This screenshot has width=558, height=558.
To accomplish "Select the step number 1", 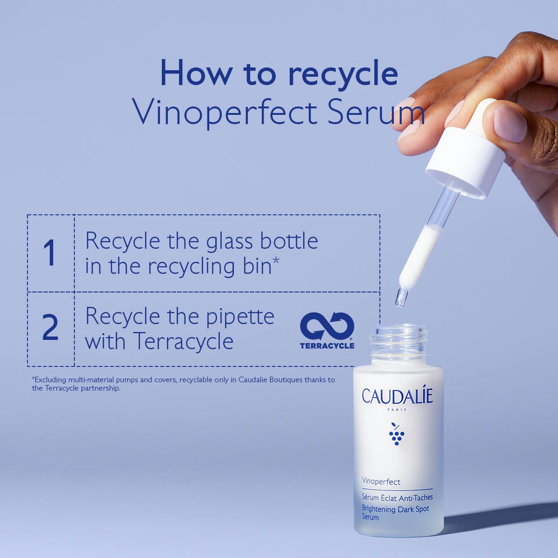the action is [50, 252].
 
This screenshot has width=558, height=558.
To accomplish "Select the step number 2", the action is [50, 327].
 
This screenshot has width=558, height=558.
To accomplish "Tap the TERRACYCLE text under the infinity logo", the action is [327, 345].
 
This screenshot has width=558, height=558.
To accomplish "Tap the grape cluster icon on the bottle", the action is [397, 434].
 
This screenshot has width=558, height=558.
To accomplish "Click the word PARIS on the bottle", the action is [397, 410].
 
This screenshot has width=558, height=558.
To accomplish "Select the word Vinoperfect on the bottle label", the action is [381, 482].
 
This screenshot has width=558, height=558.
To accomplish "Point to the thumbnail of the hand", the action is [510, 123].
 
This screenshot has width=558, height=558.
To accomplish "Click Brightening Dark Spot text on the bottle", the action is [396, 509].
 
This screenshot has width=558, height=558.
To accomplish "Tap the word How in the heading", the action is [194, 73].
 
